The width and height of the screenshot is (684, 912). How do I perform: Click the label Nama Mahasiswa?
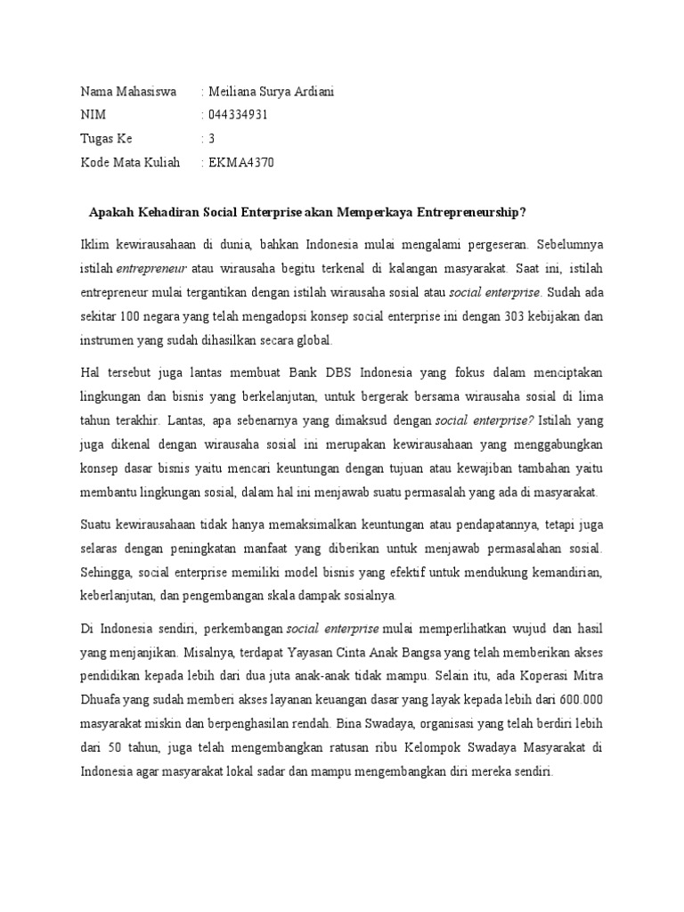[128, 92]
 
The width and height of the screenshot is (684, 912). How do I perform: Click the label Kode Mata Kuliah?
[130, 162]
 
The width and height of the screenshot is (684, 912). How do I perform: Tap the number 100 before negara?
[132, 315]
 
